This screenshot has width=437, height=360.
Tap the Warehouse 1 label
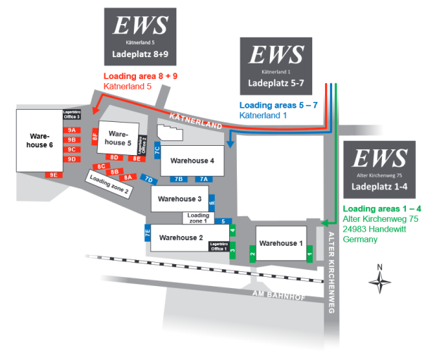(x=280, y=243)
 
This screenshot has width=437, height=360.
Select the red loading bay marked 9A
(x=71, y=130)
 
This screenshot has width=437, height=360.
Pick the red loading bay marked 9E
(x=54, y=175)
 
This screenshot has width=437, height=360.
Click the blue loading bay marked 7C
(x=158, y=150)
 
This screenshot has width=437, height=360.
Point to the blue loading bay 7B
(x=179, y=179)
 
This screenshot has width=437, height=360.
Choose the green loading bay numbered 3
(x=233, y=250)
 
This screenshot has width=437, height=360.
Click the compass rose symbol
(x=380, y=281)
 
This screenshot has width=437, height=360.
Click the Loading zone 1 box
(x=198, y=218)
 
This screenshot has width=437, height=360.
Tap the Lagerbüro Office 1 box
(x=218, y=247)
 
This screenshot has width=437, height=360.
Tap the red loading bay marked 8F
(x=94, y=138)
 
